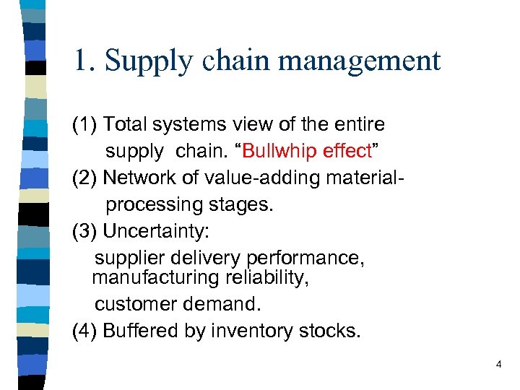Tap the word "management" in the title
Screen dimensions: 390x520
click(x=359, y=61)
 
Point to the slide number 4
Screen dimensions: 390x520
click(x=498, y=365)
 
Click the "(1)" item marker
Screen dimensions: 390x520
click(x=85, y=125)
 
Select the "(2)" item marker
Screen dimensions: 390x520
click(x=85, y=178)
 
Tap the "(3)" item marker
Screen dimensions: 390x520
click(x=85, y=231)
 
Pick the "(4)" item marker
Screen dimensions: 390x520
click(x=85, y=331)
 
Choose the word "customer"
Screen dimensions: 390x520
click(x=135, y=304)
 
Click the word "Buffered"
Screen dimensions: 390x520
click(x=137, y=331)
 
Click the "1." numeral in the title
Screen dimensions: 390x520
click(x=84, y=61)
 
